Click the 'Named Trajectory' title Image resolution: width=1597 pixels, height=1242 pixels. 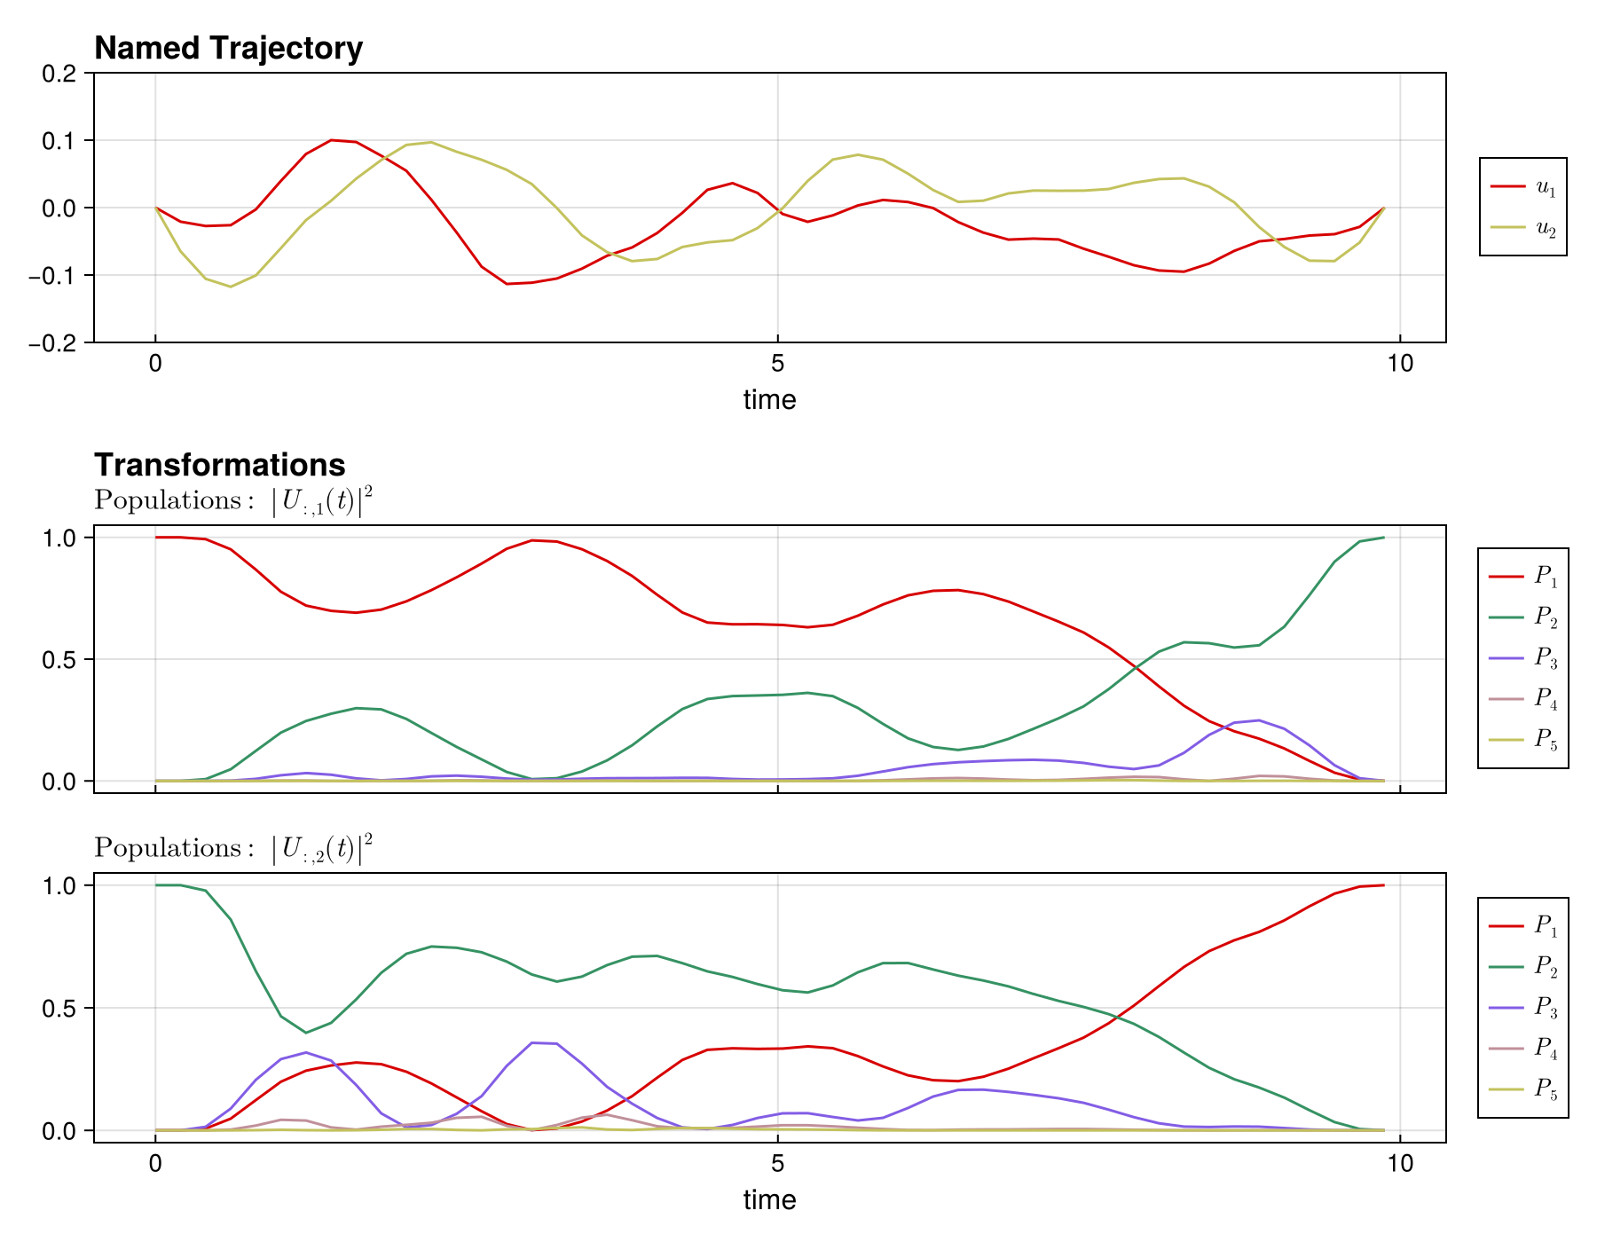coord(228,48)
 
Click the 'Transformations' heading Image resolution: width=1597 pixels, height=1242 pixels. coord(219,465)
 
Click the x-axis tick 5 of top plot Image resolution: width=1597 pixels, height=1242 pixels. coord(777,365)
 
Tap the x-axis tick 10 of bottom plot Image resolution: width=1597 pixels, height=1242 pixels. coord(1399,1163)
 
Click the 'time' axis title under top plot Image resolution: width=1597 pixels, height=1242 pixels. coord(769,400)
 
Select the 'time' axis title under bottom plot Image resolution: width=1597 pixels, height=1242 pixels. coord(769,1200)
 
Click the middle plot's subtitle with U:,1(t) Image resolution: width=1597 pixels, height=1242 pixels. coord(232,501)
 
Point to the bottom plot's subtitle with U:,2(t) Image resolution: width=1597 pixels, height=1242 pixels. coord(232,849)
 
